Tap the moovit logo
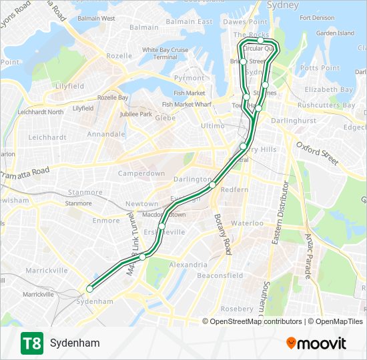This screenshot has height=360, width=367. (316, 343)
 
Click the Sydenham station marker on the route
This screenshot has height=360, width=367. (89, 289)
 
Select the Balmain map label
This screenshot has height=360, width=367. (143, 27)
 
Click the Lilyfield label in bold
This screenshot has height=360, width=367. (69, 86)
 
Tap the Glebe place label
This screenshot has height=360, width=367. (165, 117)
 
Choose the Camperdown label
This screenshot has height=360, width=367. (141, 173)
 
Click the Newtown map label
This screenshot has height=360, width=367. (142, 203)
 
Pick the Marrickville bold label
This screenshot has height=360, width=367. (47, 271)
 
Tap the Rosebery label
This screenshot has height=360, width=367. (237, 309)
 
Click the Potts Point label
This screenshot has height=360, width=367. (320, 68)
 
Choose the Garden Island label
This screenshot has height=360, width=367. (335, 33)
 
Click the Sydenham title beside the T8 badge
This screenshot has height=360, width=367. (75, 343)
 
